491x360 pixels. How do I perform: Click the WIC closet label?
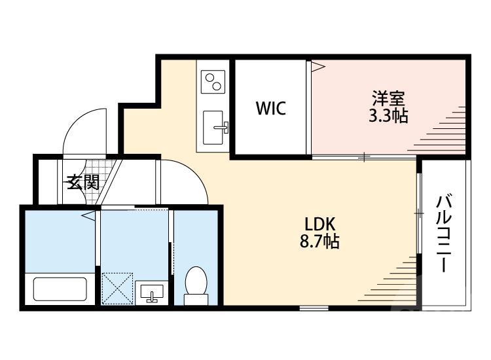(270, 108)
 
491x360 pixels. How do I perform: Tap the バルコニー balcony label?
(445, 232)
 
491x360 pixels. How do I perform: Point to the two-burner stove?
(213, 82)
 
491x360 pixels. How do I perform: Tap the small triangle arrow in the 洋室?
(317, 65)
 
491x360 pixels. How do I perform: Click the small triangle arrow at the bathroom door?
(88, 215)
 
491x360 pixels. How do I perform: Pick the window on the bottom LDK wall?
(314, 308)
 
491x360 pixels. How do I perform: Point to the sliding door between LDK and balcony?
(418, 213)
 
